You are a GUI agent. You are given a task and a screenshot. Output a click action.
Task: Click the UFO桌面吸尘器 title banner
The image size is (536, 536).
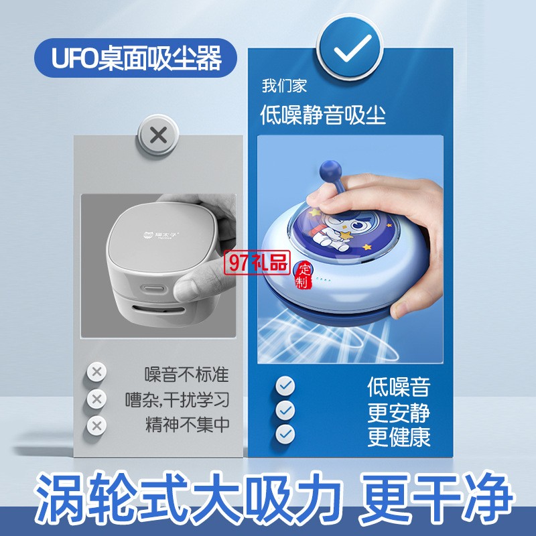coord(135,58)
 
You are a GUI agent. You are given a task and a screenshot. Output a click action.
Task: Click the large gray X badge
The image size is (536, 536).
coord(158,135)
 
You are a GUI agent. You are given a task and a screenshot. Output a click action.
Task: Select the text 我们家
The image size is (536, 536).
coord(284,86)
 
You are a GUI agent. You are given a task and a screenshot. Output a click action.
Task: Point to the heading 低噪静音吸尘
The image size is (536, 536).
coord(323,115)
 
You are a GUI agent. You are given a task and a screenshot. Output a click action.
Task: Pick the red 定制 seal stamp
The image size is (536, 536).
coord(303,275)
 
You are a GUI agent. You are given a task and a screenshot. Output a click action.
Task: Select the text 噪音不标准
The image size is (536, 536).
coord(187,374)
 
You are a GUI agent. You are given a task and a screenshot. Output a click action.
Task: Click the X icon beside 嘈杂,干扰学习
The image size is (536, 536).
coord(96,399)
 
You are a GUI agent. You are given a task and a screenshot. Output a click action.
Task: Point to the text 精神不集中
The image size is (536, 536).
coord(188,425)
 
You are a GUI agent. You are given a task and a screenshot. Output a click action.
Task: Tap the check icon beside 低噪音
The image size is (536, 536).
coord(285,386)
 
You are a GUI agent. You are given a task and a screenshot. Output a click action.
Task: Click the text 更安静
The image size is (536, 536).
coord(399,413)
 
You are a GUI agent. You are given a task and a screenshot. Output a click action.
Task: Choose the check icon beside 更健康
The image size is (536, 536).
coord(285,434)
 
